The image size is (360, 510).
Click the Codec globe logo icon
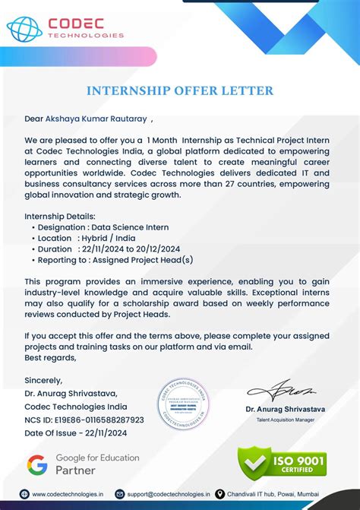coord(24,28)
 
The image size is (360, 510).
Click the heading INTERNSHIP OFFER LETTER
coord(180,91)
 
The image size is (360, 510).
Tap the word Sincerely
coord(44,380)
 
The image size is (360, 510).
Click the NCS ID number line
coord(84,420)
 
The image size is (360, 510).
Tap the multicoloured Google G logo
coord(37,464)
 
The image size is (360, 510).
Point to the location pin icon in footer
coord(220,494)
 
